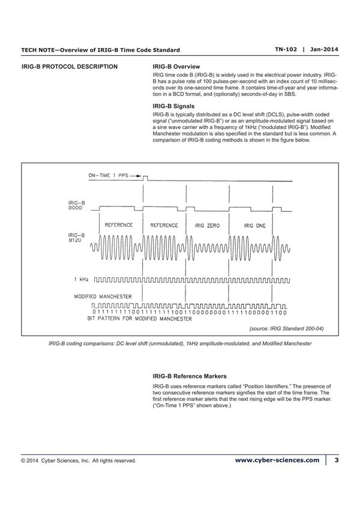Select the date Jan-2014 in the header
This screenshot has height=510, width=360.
[x=322, y=49]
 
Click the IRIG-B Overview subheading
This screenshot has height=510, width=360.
[x=176, y=66]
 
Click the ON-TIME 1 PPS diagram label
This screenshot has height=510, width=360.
[x=109, y=176]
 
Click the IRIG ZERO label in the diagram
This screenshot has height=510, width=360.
[x=208, y=225]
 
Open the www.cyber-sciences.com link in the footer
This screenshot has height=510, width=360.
[x=277, y=460]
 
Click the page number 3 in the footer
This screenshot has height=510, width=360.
[x=337, y=460]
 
